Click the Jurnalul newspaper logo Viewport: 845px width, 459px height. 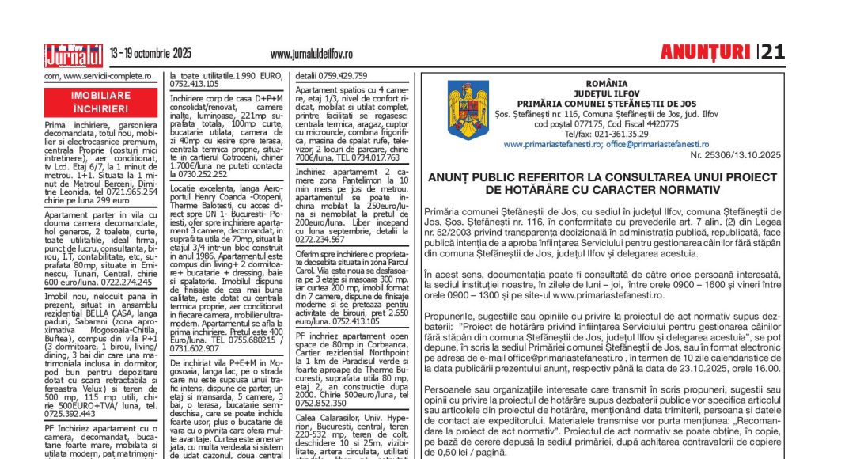click(74, 55)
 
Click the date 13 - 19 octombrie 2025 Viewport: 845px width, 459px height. click(150, 54)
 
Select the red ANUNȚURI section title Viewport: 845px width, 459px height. click(705, 52)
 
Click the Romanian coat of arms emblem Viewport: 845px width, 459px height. click(468, 108)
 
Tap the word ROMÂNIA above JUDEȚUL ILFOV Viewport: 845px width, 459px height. click(607, 83)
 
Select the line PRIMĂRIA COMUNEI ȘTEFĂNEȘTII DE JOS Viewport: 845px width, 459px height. click(607, 104)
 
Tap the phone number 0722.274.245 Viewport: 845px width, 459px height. click(123, 281)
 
